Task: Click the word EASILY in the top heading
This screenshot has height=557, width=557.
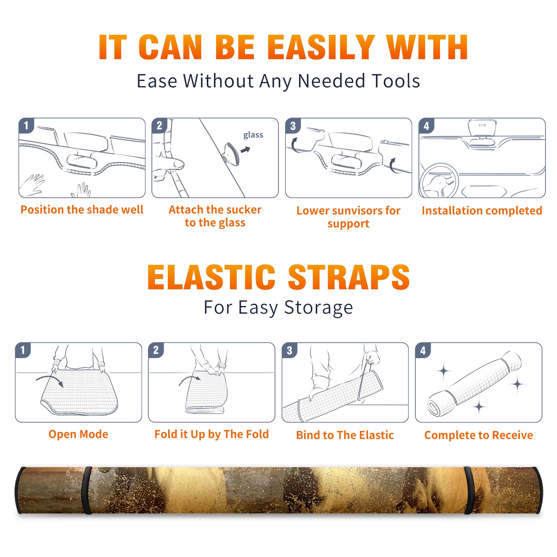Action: click(321, 47)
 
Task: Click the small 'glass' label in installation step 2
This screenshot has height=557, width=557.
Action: click(253, 135)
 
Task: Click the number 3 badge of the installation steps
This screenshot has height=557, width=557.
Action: click(293, 126)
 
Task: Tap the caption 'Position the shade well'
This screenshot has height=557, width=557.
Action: click(82, 210)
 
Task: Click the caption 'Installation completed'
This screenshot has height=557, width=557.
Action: click(482, 211)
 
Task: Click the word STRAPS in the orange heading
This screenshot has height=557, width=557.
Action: click(349, 277)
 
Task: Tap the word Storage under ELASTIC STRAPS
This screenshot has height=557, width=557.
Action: click(319, 308)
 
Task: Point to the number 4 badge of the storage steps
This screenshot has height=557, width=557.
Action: click(423, 350)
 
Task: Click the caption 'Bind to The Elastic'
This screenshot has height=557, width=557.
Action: click(345, 435)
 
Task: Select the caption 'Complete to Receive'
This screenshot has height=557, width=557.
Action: click(479, 435)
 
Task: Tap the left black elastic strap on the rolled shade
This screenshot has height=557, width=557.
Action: click(87, 490)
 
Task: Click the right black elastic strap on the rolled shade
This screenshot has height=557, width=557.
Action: click(469, 490)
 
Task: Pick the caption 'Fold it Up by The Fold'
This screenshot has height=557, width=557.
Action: click(212, 434)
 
